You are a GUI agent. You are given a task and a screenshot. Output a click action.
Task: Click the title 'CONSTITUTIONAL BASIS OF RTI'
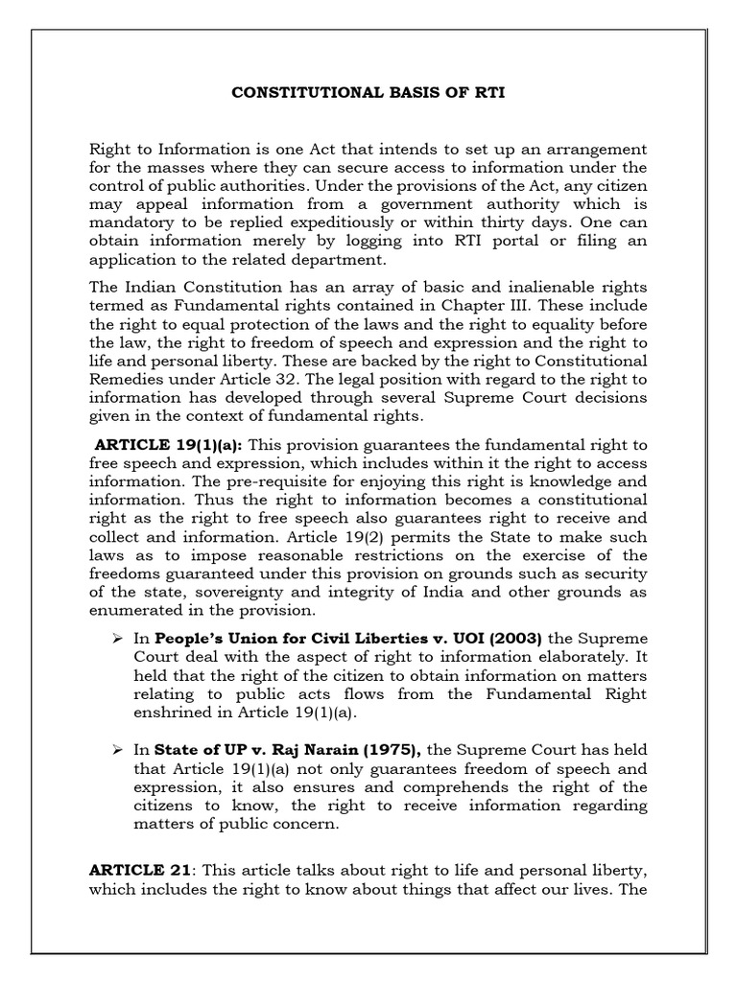[x=368, y=93]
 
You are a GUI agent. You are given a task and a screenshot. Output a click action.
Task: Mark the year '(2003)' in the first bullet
[x=511, y=638]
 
